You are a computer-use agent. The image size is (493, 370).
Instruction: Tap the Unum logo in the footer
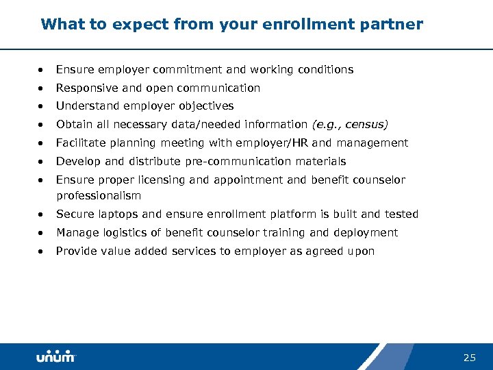56,357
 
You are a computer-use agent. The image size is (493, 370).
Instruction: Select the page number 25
469,357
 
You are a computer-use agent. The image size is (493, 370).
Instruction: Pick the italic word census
366,125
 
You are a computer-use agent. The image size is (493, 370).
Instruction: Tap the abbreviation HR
299,143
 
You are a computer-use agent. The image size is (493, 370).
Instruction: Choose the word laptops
115,214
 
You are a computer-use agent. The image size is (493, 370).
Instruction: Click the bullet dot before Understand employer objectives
42,107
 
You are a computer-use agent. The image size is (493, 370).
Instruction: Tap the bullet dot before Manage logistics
42,234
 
